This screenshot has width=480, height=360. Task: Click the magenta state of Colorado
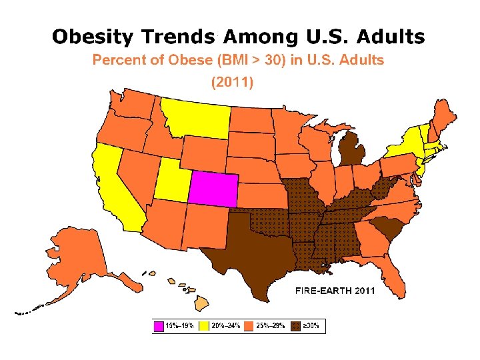213,189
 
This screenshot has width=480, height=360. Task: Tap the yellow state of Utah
171,181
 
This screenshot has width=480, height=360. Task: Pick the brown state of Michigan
352,150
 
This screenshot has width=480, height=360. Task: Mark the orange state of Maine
443,118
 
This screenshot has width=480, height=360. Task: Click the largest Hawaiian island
202,303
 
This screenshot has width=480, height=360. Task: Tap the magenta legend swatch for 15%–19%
159,326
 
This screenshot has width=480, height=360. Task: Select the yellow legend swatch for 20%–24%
204,326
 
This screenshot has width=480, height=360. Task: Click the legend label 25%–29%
271,326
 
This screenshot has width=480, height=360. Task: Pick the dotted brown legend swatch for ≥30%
296,326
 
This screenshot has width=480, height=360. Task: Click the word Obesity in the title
93,37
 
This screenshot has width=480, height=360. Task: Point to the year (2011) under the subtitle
233,82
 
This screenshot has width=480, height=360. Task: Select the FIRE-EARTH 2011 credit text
335,290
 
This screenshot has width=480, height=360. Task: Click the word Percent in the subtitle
119,60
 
